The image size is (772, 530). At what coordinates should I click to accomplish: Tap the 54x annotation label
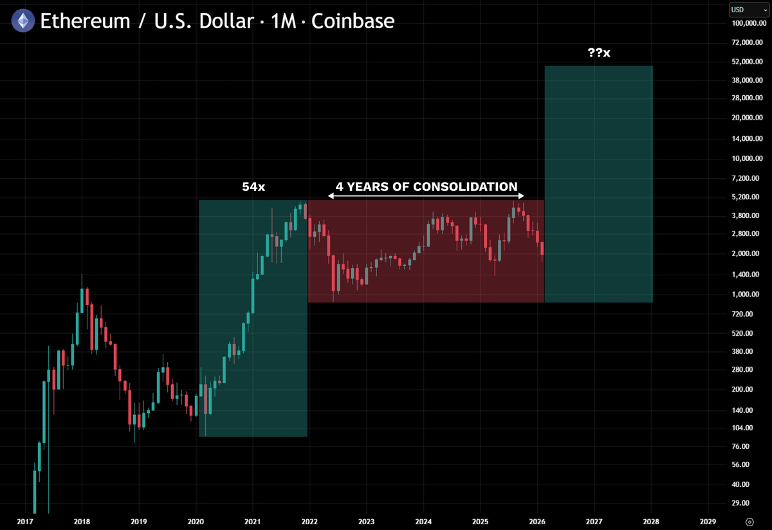[253, 187]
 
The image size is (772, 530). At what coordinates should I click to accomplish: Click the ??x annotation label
[598, 53]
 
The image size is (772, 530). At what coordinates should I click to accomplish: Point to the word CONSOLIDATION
[465, 187]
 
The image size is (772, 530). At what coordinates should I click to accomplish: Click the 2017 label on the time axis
[25, 521]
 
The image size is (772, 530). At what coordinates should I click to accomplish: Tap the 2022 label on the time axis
[309, 521]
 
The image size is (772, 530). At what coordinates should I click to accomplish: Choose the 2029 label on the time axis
[708, 521]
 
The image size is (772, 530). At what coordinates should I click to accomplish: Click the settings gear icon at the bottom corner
[749, 521]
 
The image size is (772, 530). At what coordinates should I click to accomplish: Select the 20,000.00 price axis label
[748, 118]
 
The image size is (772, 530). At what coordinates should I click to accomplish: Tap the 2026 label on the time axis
[537, 521]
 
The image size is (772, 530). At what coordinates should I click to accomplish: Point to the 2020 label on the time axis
[196, 521]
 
